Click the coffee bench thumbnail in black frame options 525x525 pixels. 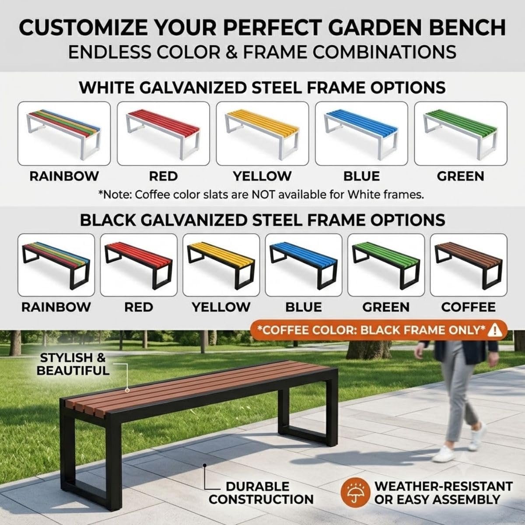pyautogui.click(x=469, y=265)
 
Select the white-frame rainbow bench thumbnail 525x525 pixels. pyautogui.click(x=64, y=133)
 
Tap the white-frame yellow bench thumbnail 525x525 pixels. pyautogui.click(x=262, y=133)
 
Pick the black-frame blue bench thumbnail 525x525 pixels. pyautogui.click(x=304, y=265)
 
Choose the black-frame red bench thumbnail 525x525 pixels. pyautogui.click(x=139, y=265)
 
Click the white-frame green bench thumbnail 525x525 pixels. pyautogui.click(x=461, y=133)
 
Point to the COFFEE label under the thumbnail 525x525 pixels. pyautogui.click(x=468, y=307)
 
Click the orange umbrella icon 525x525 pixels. pyautogui.click(x=355, y=493)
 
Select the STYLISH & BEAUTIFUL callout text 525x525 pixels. pyautogui.click(x=73, y=364)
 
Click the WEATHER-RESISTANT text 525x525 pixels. pyautogui.click(x=443, y=486)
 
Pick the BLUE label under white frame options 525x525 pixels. pyautogui.click(x=361, y=176)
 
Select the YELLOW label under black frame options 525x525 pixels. pyautogui.click(x=221, y=307)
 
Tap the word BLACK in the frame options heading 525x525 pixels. pyautogui.click(x=108, y=220)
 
